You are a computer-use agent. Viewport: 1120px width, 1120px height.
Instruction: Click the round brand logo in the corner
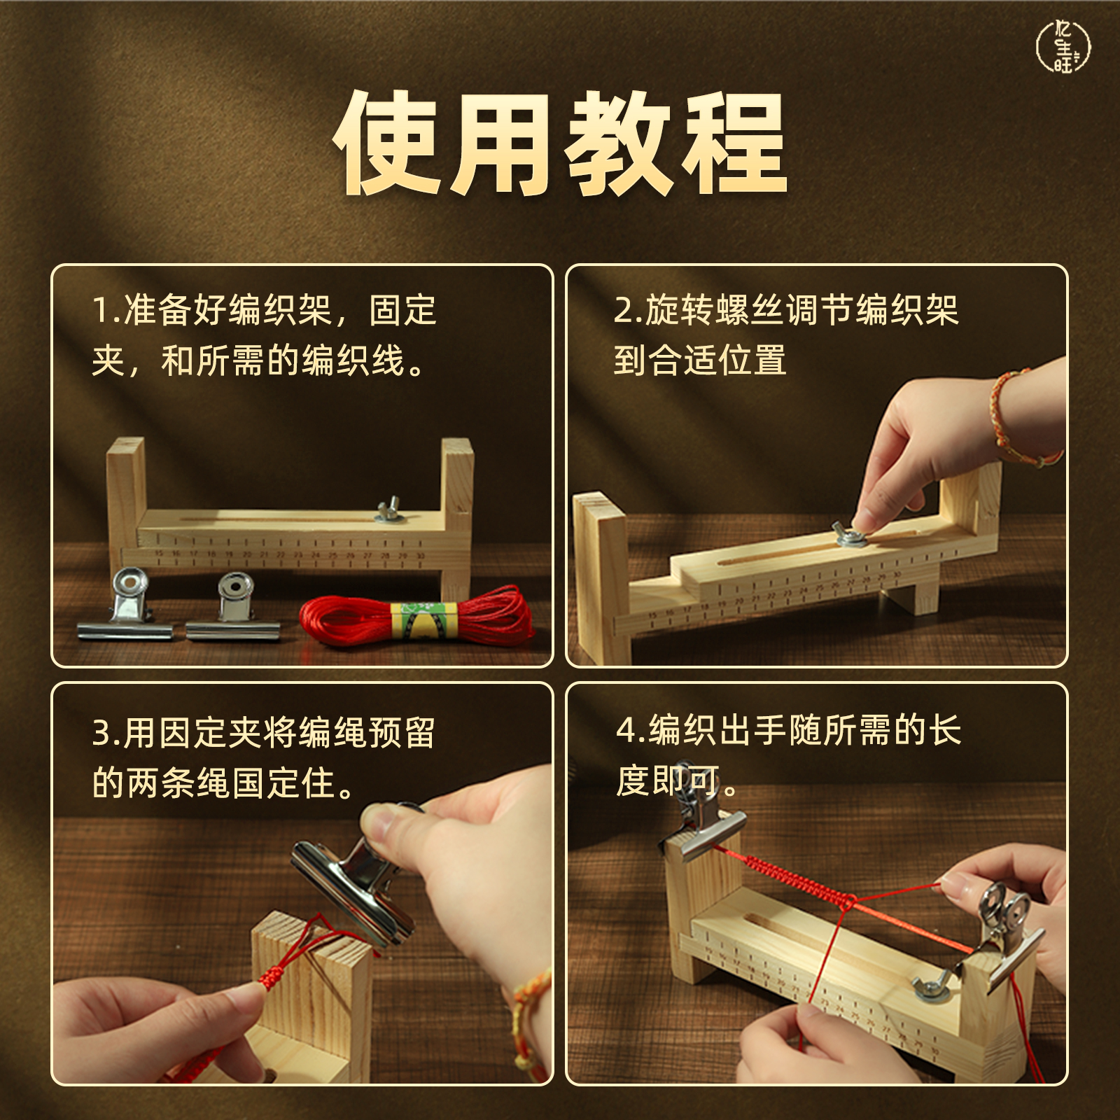1063,46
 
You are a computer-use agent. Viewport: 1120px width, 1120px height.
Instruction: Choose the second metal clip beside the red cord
234,609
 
